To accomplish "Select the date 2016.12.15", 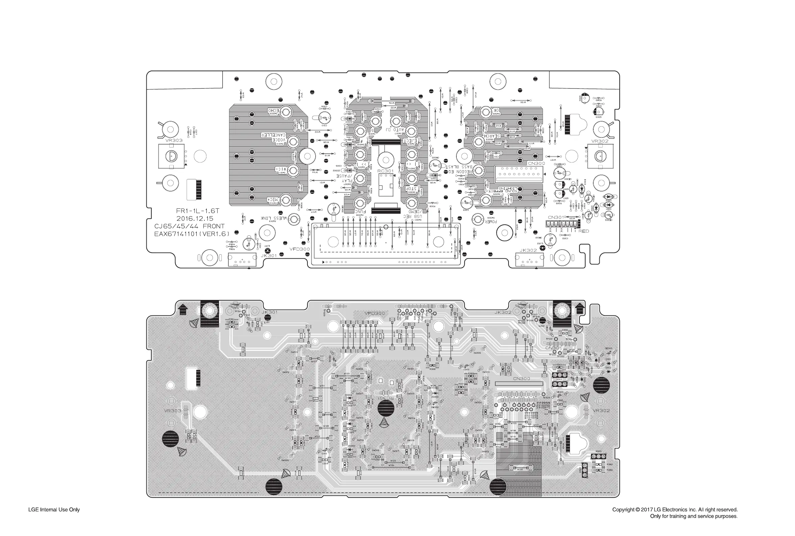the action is pyautogui.click(x=195, y=219).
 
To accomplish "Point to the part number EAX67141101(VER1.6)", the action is pyautogui.click(x=192, y=233).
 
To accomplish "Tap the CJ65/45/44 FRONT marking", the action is pyautogui.click(x=189, y=226).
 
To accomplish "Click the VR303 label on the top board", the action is pyautogui.click(x=174, y=140).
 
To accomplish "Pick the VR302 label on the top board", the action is pyautogui.click(x=600, y=141).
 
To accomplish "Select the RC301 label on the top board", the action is pyautogui.click(x=386, y=171).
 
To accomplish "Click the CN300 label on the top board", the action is pyautogui.click(x=536, y=163).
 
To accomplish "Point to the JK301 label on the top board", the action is pyautogui.click(x=269, y=255).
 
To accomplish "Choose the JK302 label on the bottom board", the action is pyautogui.click(x=503, y=312).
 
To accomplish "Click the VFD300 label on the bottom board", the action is pyautogui.click(x=374, y=313).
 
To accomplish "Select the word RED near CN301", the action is pyautogui.click(x=584, y=231).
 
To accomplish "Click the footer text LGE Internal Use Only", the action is pyautogui.click(x=54, y=509).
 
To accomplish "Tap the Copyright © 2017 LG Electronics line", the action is pyautogui.click(x=675, y=509).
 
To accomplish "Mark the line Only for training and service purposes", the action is pyautogui.click(x=693, y=516).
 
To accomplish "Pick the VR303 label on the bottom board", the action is pyautogui.click(x=172, y=411).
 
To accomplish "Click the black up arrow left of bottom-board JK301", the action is pyautogui.click(x=183, y=310).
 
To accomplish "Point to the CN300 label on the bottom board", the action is pyautogui.click(x=521, y=378).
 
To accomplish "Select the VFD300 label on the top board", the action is pyautogui.click(x=300, y=249).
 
